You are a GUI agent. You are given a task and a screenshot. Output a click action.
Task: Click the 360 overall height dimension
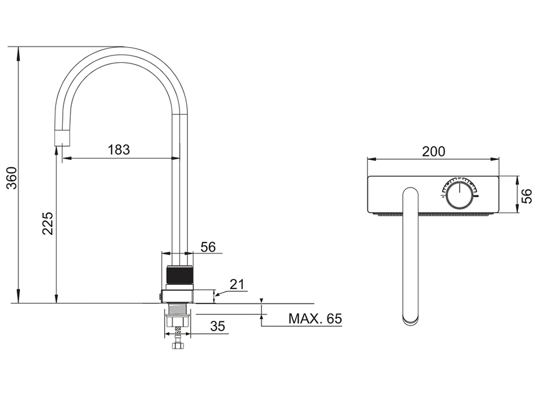click(x=12, y=178)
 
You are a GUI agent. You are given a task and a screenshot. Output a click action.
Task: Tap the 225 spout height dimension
click(x=48, y=223)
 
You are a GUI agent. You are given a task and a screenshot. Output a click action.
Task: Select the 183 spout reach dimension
click(x=119, y=150)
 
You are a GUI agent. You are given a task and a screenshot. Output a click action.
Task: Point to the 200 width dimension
click(x=434, y=151)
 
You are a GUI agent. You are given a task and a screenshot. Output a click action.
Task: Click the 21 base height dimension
click(x=237, y=284)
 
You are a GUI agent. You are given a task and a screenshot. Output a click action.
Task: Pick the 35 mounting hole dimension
click(x=218, y=326)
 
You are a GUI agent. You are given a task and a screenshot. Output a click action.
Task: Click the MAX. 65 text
click(x=315, y=319)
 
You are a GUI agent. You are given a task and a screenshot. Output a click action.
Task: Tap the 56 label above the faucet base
click(x=208, y=247)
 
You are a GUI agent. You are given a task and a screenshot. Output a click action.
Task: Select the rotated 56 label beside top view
click(x=527, y=196)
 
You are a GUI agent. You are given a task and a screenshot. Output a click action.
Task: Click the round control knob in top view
click(x=460, y=194)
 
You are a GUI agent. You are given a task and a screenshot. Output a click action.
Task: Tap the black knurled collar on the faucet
click(x=180, y=275)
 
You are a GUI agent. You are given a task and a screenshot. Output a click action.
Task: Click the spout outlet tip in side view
click(x=63, y=138)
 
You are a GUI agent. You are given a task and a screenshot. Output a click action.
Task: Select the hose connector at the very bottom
click(x=178, y=342)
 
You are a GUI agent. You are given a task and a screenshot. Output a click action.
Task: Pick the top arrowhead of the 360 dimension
click(x=18, y=53)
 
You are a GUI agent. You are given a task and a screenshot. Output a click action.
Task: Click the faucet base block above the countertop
click(x=178, y=297)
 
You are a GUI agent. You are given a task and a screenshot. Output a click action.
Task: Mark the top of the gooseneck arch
click(x=122, y=47)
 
